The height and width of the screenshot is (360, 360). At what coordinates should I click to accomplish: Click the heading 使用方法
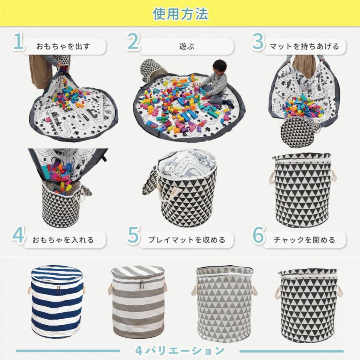point(180,14)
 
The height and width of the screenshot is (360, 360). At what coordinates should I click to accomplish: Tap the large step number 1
point(18,42)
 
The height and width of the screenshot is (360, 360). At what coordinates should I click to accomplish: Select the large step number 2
point(133,42)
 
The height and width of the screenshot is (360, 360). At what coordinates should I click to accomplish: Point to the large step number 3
point(258,42)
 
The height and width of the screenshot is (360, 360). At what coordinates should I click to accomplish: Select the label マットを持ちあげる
point(304,46)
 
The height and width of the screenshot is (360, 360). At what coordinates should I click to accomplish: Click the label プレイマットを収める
point(186,240)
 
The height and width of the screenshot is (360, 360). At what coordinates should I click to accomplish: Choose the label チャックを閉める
point(304,240)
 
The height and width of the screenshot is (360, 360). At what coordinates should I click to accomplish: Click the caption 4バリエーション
point(180,351)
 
